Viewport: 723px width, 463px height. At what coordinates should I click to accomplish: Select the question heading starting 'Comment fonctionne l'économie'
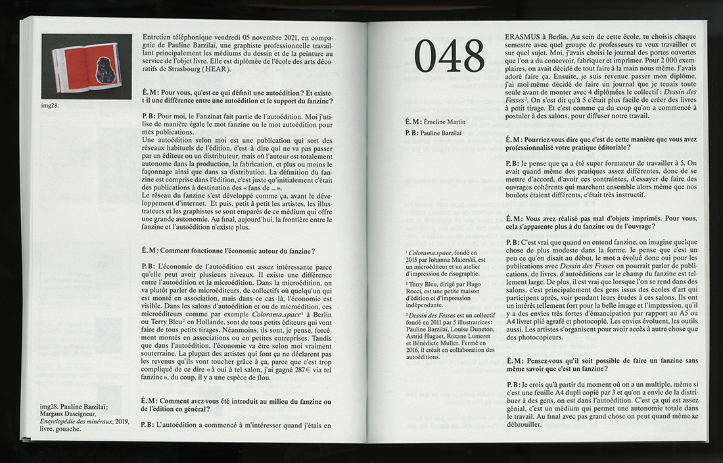227,251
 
